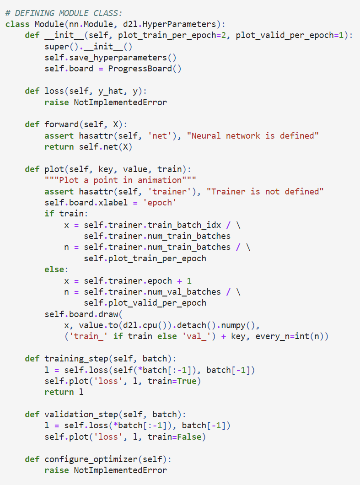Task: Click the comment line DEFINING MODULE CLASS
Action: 64,13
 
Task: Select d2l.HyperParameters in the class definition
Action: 170,24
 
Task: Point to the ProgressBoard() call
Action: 145,69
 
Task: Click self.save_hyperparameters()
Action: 110,58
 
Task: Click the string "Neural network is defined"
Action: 253,136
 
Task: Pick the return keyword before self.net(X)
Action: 59,147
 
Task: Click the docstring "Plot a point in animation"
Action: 120,180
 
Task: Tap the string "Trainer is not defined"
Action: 265,191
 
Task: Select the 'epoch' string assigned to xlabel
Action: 160,203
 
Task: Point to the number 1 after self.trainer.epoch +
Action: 189,281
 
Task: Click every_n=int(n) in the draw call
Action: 290,336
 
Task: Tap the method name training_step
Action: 76,359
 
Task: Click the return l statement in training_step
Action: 64,392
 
